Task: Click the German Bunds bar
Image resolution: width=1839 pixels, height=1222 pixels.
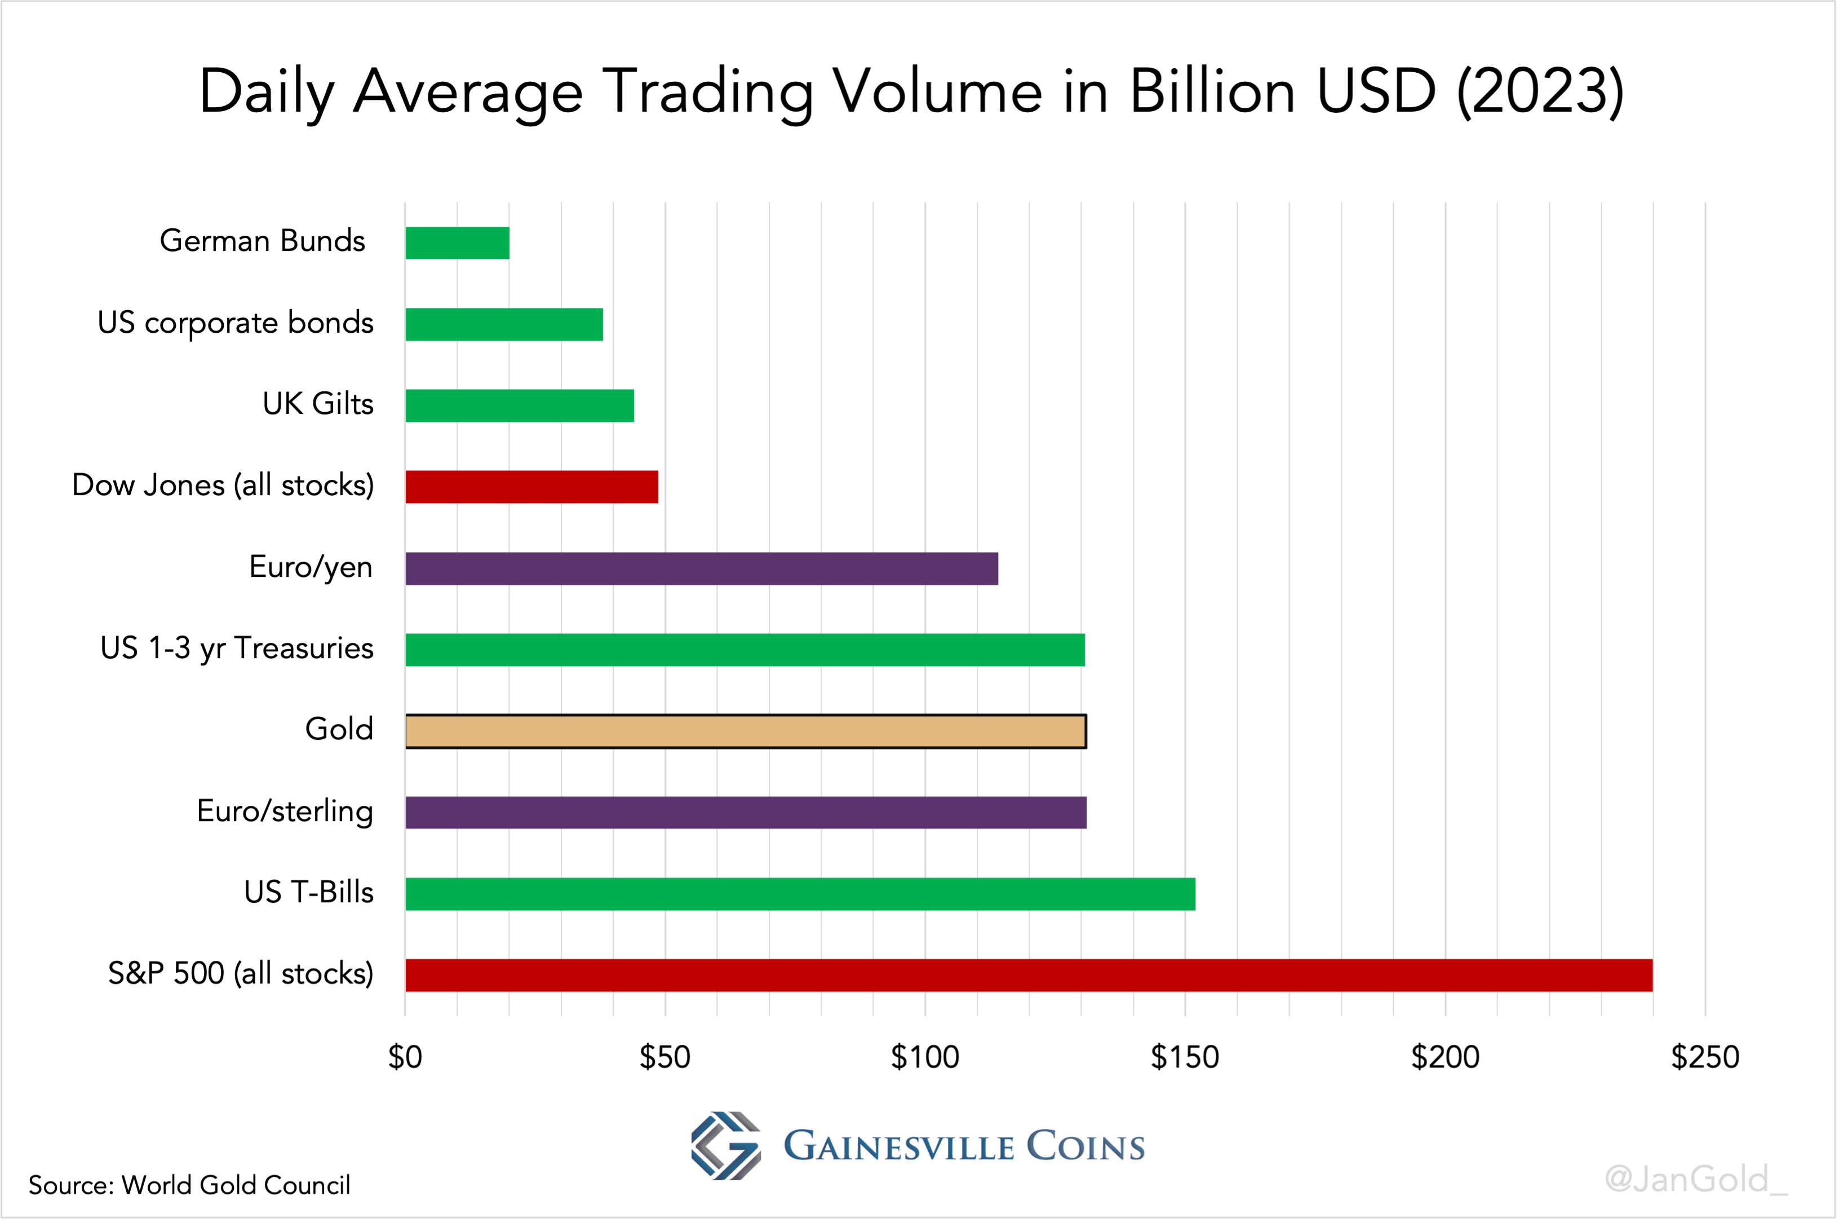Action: tap(457, 242)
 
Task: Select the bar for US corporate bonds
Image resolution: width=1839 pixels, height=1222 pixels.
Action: tap(504, 324)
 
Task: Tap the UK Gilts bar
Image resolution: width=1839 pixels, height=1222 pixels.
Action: tap(520, 405)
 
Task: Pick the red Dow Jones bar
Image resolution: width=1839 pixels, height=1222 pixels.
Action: tap(531, 487)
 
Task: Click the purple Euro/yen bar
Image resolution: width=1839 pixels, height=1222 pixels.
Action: tap(701, 568)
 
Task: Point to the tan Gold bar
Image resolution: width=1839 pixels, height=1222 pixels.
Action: tap(746, 731)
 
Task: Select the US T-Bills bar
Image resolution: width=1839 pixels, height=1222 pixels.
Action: tap(800, 894)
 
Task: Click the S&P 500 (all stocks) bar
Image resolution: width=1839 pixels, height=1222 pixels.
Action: tap(1028, 975)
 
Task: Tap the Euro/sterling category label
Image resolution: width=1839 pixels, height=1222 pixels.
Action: tap(285, 811)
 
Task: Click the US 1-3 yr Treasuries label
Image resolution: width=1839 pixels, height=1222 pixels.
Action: tap(237, 649)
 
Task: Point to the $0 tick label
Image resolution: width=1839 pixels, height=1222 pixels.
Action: tap(405, 1057)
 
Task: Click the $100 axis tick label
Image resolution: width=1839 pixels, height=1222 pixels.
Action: tap(924, 1057)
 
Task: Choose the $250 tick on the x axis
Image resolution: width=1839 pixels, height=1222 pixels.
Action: tap(1705, 1057)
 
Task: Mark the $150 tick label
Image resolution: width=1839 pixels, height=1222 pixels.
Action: tap(1185, 1057)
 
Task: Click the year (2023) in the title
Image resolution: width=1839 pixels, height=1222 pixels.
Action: tap(1540, 92)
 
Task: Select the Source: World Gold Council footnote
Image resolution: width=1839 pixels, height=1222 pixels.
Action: tap(189, 1185)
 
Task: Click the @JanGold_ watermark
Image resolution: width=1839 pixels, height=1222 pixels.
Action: tap(1696, 1179)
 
